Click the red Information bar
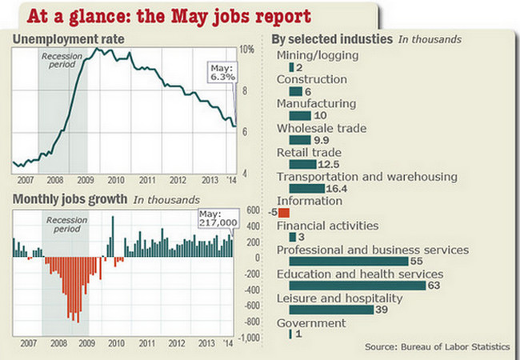284,214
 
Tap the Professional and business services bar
348,262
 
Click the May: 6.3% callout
222,73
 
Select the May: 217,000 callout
218,218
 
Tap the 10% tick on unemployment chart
247,49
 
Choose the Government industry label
311,323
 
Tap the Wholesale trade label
322,128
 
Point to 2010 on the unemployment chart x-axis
118,180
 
